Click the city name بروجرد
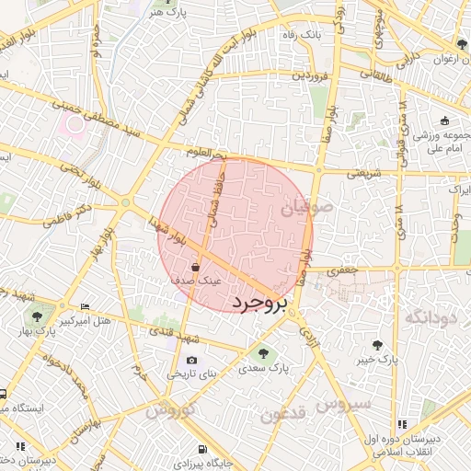pyautogui.click(x=259, y=303)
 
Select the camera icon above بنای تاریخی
pyautogui.click(x=191, y=360)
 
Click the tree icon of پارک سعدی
pyautogui.click(x=265, y=352)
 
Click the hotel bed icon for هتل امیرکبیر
pyautogui.click(x=86, y=306)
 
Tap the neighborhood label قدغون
pyautogui.click(x=281, y=415)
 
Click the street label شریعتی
pyautogui.click(x=365, y=172)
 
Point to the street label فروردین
pyautogui.click(x=310, y=76)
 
